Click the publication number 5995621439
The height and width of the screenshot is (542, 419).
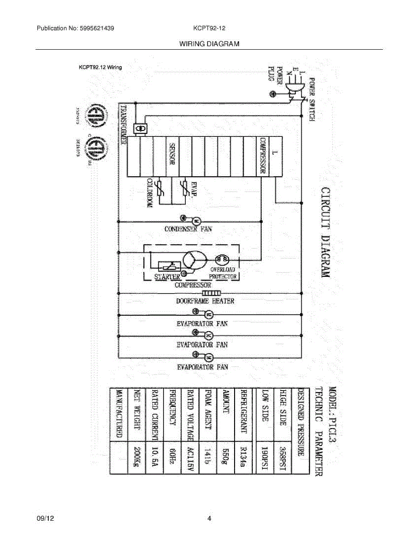[96, 28]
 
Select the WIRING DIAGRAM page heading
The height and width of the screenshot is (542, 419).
[209, 44]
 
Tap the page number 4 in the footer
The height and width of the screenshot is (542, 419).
[209, 519]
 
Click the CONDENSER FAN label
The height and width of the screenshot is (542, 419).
[188, 229]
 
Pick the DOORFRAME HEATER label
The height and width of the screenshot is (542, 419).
[205, 301]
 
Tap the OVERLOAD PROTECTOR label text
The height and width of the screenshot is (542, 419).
[223, 273]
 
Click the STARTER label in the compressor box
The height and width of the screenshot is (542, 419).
[167, 276]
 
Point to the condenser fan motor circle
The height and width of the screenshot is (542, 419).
[197, 221]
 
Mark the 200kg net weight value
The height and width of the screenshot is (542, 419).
[135, 457]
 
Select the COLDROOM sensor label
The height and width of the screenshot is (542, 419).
[149, 193]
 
